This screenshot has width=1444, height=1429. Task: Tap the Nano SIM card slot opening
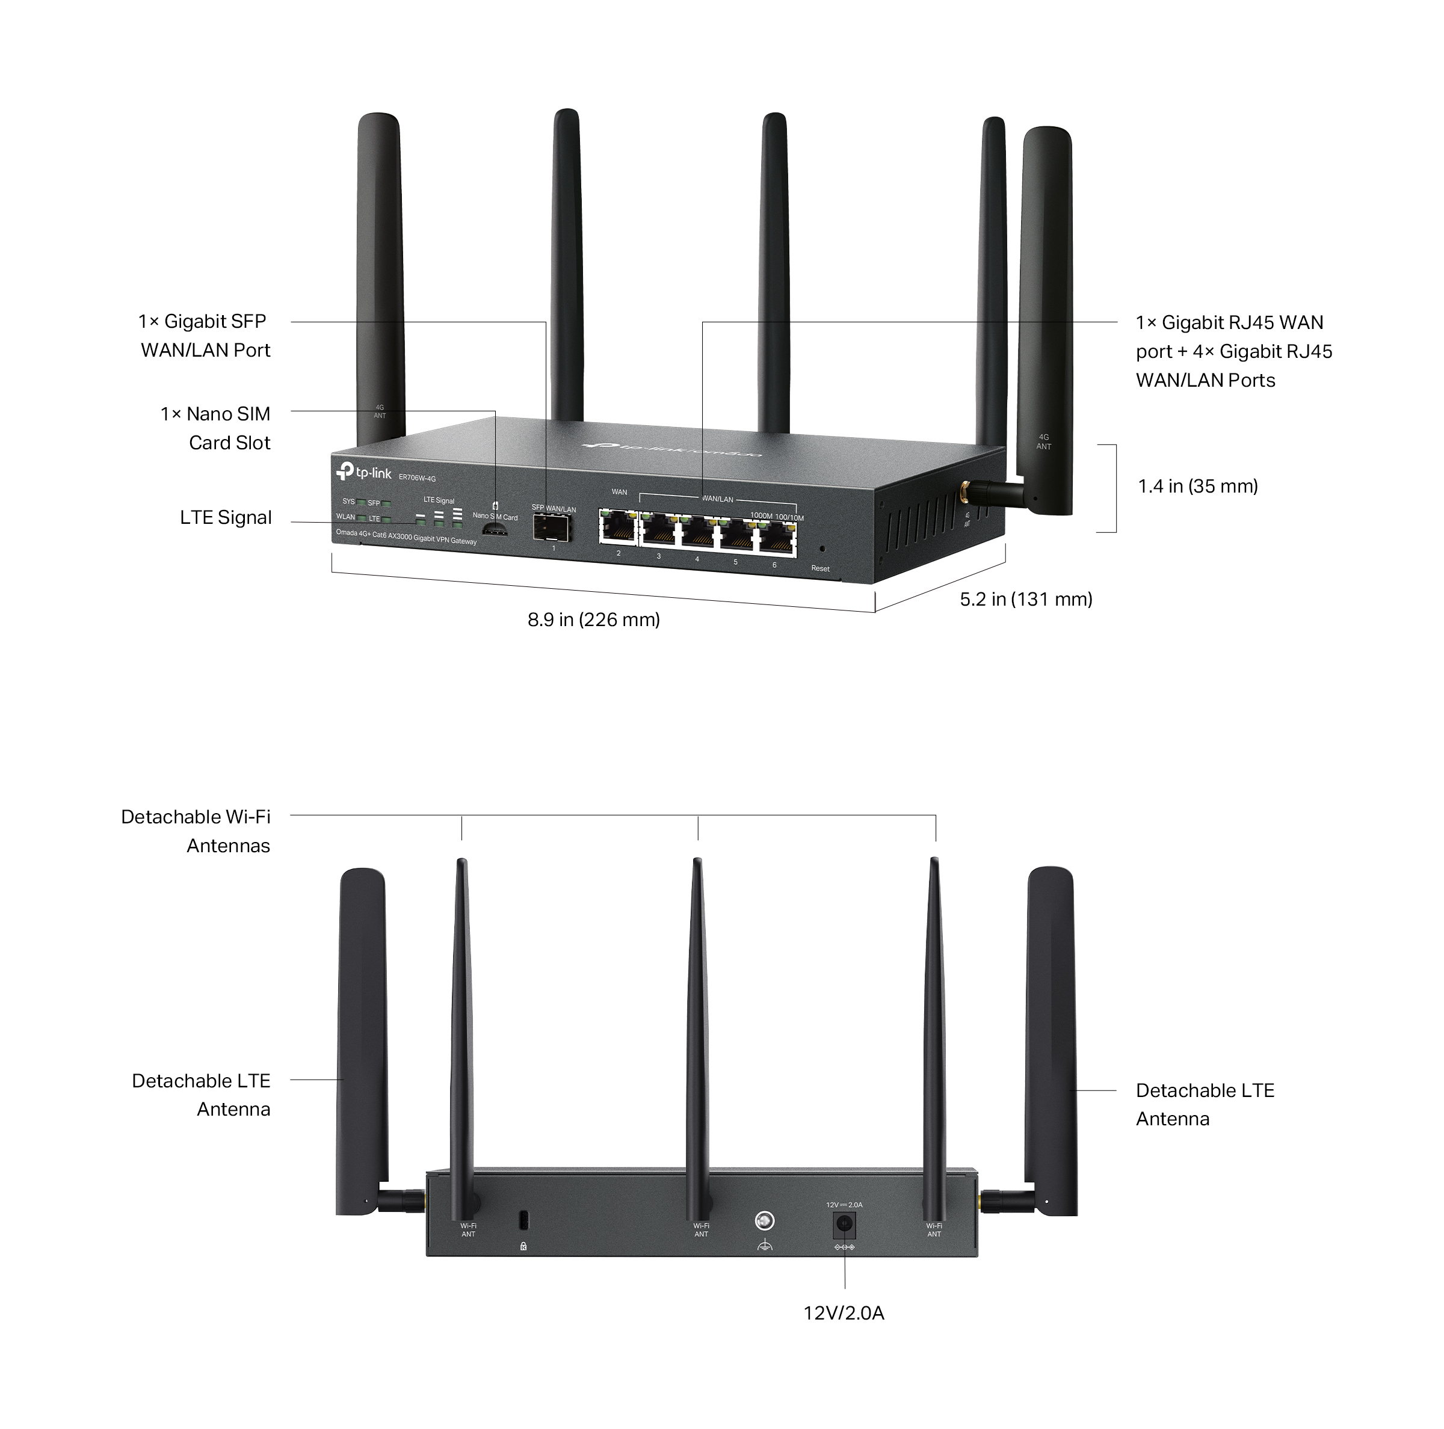point(494,530)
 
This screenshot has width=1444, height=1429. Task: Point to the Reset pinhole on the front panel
point(822,549)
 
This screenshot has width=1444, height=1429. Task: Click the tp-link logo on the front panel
point(364,472)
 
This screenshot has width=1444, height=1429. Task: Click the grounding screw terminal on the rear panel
point(765,1220)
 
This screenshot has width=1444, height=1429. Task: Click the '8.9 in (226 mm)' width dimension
point(593,620)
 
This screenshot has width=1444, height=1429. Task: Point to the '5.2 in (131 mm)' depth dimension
point(1025,599)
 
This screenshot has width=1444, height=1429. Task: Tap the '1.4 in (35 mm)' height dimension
point(1197,487)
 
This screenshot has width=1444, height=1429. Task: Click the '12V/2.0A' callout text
point(844,1313)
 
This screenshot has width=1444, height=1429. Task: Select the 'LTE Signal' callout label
point(226,518)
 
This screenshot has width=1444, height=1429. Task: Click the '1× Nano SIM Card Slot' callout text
point(216,428)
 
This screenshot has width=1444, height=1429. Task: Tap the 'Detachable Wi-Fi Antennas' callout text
point(196,831)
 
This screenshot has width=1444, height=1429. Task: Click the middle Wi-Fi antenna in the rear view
point(697,1031)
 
